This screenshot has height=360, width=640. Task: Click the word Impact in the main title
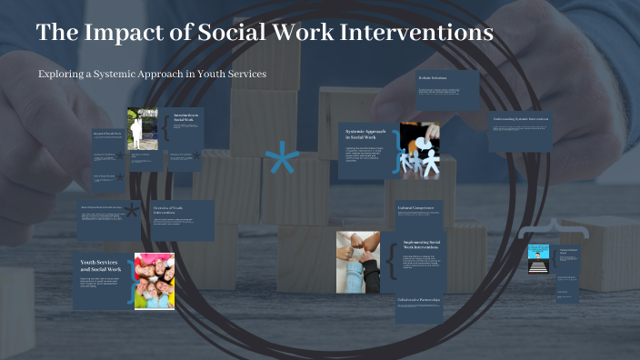click(x=121, y=33)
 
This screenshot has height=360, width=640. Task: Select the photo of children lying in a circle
click(x=155, y=281)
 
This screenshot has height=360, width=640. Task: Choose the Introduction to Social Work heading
click(x=185, y=117)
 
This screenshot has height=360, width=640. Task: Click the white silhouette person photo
click(x=141, y=129)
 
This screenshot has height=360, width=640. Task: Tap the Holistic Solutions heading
click(x=434, y=79)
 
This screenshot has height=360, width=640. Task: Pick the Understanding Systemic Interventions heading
click(x=521, y=119)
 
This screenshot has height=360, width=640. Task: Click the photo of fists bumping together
click(x=357, y=262)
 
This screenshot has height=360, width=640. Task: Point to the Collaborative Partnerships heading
click(x=419, y=300)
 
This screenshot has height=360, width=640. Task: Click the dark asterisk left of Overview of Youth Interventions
click(x=132, y=212)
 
